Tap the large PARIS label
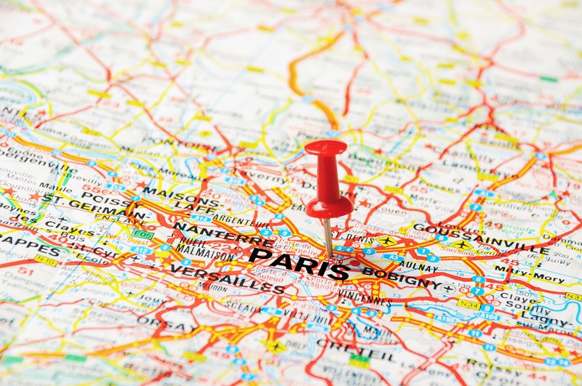point(299,263)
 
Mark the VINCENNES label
point(364,299)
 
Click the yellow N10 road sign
point(45,259)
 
